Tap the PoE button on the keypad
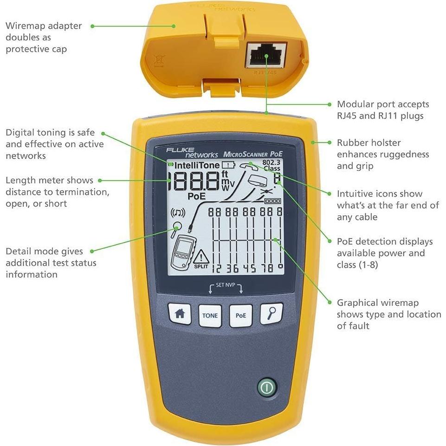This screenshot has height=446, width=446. pos(240,315)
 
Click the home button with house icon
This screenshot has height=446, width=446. pos(180,314)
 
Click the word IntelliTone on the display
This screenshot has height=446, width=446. pos(197,165)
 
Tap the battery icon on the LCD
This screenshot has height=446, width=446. pos(228,164)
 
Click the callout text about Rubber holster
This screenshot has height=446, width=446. pos(382,154)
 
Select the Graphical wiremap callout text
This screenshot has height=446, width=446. pos(388,314)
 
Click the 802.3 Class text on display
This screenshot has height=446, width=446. pos(271,165)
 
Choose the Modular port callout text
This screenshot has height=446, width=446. pos(383,110)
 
